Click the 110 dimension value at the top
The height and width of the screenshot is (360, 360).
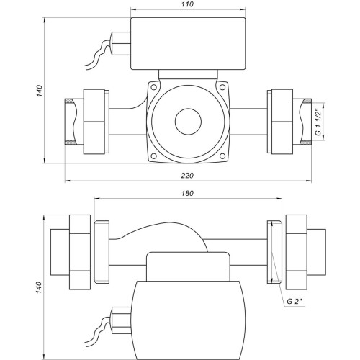tap(187, 4)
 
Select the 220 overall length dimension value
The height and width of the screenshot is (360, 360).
tap(187, 176)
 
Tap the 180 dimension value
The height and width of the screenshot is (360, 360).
tap(187, 193)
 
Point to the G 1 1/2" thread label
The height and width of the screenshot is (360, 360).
tap(318, 122)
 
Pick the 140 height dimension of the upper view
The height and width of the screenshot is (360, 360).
tap(40, 91)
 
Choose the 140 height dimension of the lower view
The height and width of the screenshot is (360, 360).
tap(39, 287)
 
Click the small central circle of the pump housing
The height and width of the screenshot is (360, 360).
tap(188, 122)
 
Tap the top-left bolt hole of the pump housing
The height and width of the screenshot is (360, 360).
tap(153, 87)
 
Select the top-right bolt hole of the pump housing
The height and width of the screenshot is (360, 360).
tap(222, 87)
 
